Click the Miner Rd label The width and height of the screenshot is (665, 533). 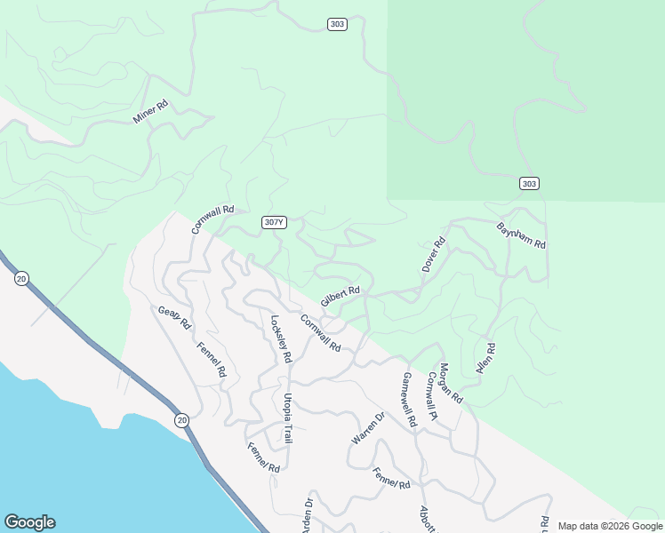[150, 112]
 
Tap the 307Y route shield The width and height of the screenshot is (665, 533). [275, 222]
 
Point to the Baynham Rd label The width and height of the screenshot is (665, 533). [521, 235]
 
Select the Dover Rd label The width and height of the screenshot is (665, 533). [433, 254]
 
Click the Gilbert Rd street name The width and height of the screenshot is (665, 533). [340, 296]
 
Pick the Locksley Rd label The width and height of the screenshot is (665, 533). [281, 339]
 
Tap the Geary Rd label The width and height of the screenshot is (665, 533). [174, 317]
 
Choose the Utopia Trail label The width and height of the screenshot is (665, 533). [288, 418]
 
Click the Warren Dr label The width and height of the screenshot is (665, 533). [367, 428]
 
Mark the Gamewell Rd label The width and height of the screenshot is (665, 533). [409, 400]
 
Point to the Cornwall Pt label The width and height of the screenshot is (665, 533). [432, 395]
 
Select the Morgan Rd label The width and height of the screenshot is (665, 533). [451, 383]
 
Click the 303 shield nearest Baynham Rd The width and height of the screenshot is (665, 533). [529, 183]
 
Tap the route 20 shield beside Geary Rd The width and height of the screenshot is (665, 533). [20, 278]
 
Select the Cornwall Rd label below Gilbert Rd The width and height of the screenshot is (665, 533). [320, 333]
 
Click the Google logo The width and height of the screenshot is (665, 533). [29, 522]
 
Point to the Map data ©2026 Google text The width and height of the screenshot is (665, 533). [609, 526]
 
